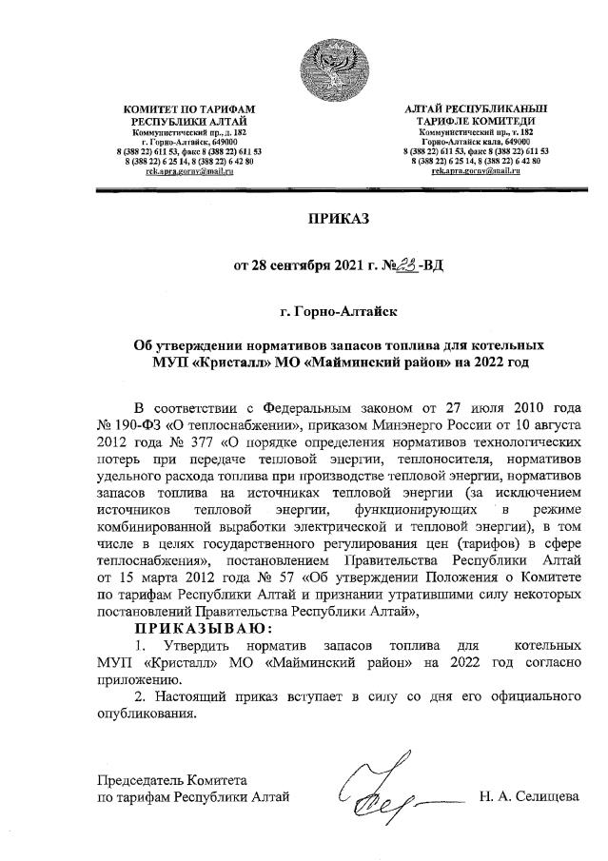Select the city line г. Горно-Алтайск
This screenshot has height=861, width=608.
pos(337,310)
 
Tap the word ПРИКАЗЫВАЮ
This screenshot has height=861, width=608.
pos(203,629)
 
